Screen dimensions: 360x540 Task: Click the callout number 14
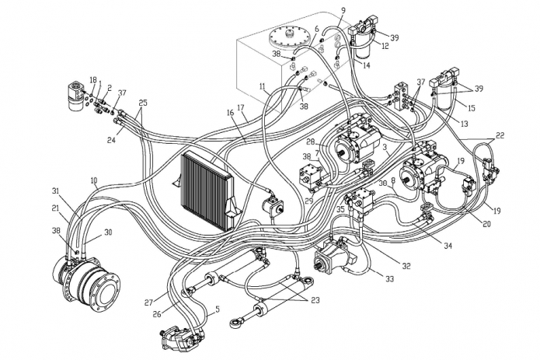click(367, 66)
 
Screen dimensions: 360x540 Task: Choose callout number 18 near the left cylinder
click(92, 80)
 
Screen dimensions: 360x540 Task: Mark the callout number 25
click(142, 103)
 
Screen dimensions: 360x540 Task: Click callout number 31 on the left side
click(55, 191)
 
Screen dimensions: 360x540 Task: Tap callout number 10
click(93, 180)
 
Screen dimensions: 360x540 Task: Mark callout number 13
click(464, 124)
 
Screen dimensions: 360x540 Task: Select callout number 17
click(241, 108)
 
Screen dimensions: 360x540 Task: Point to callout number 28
click(310, 142)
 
